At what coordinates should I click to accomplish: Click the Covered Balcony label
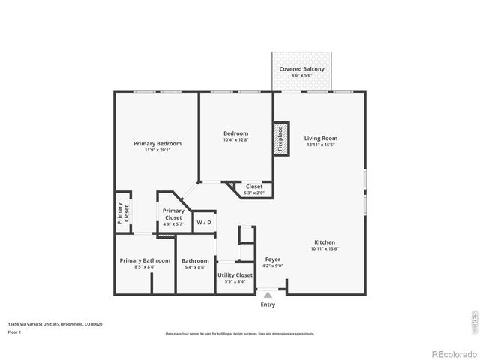tap(301, 69)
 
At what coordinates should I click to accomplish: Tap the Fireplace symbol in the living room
tap(281, 139)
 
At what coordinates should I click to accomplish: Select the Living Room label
tap(320, 138)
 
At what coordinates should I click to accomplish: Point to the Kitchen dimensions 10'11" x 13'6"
tap(324, 249)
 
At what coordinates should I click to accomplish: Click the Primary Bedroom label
tap(157, 143)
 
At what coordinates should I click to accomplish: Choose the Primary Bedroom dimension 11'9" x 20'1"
tap(157, 150)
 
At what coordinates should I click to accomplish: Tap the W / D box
tap(204, 223)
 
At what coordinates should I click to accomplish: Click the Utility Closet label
tap(235, 275)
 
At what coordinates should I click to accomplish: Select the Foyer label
tap(273, 259)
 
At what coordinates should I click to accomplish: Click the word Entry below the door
tap(268, 304)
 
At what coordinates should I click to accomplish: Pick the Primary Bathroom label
tap(145, 260)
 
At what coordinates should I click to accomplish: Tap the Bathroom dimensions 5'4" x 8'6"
tap(194, 267)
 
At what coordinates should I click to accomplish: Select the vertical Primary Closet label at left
tap(123, 214)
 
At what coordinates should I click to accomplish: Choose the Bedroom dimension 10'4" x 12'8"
tap(235, 139)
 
